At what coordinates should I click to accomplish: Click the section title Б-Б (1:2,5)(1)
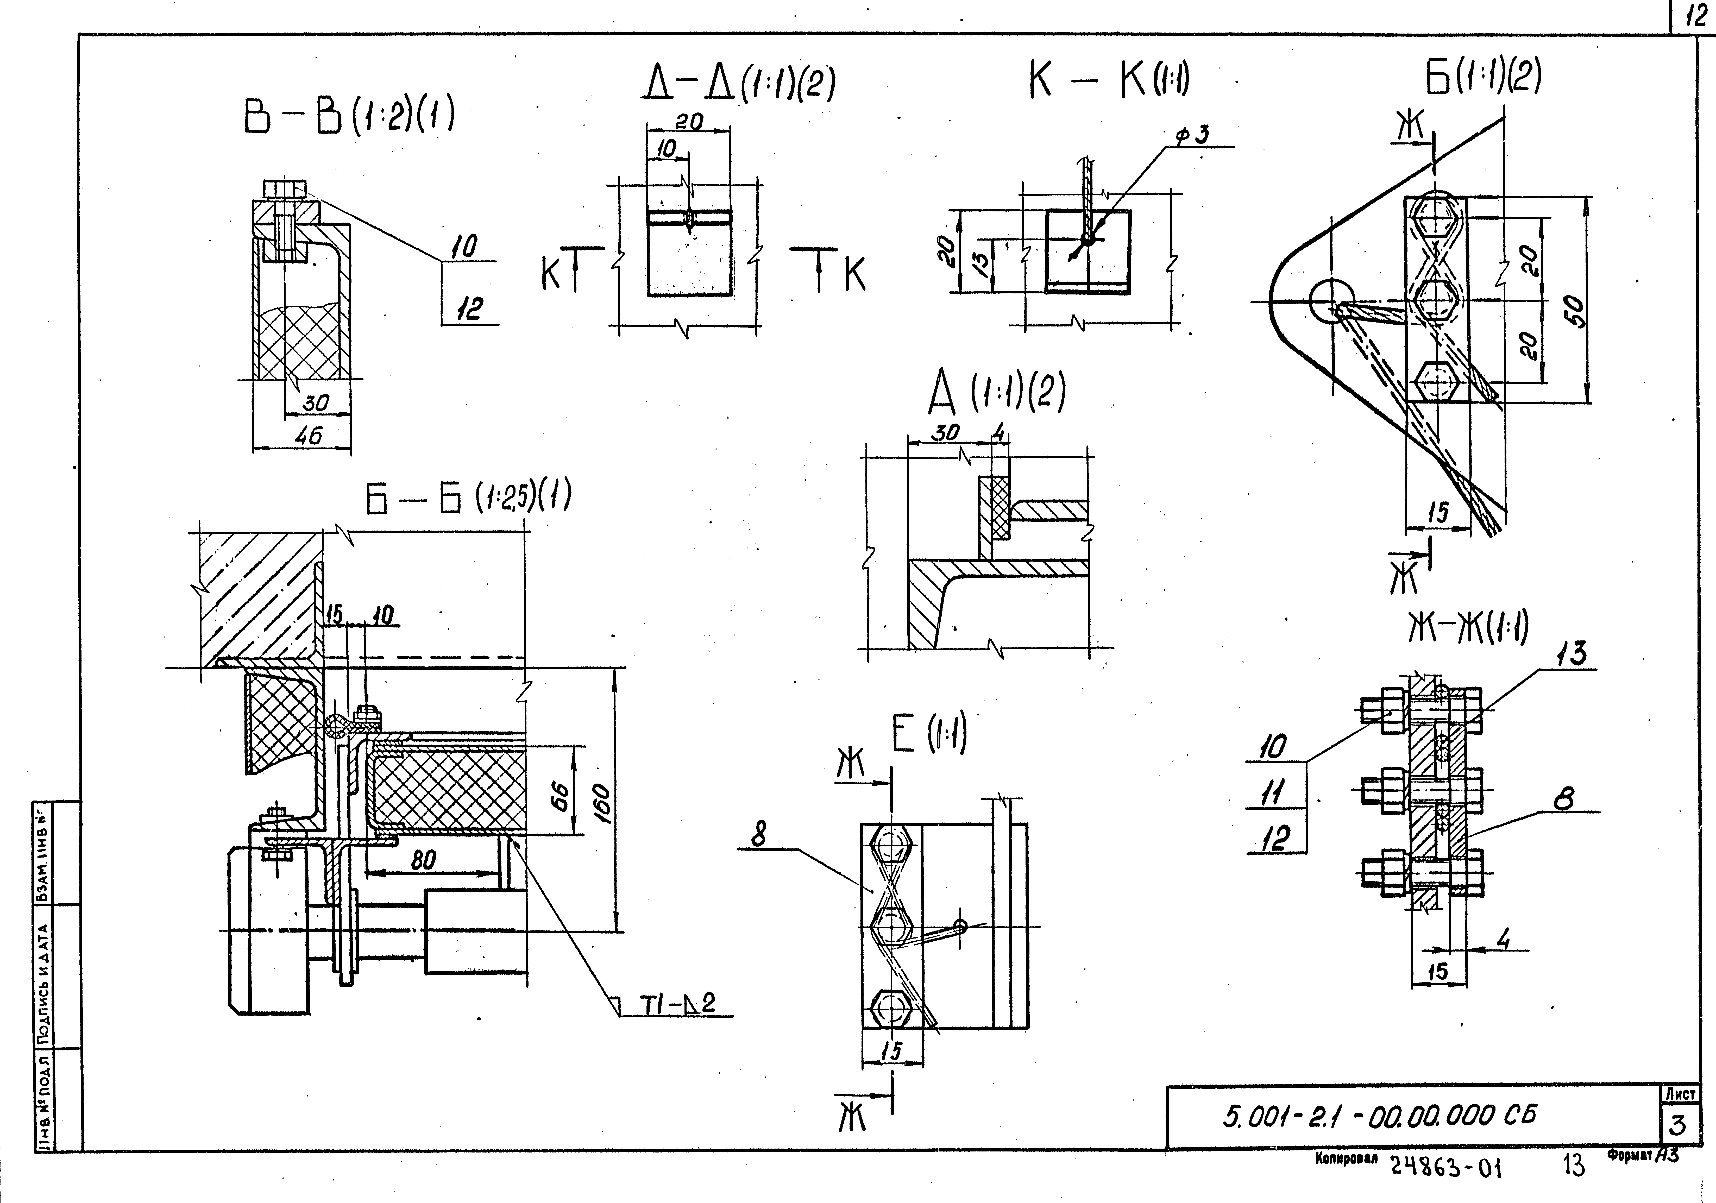469,498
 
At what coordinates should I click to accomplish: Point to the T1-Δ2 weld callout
677,1004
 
